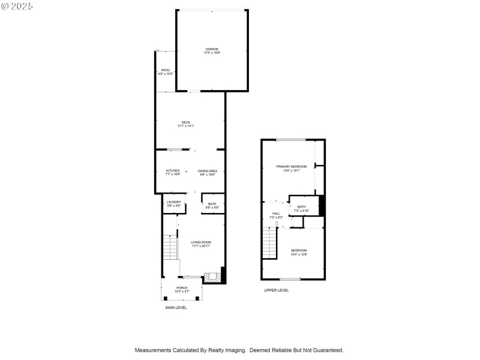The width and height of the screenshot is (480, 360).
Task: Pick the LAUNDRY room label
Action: pos(174,203)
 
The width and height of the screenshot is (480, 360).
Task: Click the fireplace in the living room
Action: pos(212,277)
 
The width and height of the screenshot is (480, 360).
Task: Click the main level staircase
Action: pos(170,246)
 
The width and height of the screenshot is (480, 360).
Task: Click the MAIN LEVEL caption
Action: pos(176,307)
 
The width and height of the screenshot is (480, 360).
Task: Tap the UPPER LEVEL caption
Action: pos(277,290)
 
